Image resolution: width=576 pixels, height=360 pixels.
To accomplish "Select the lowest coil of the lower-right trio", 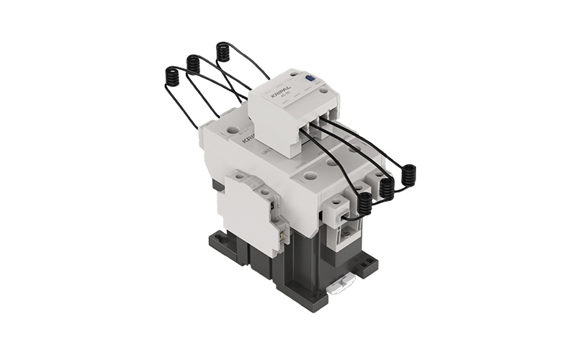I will point(365,204).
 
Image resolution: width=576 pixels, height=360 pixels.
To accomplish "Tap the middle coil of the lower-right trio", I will point(387,189).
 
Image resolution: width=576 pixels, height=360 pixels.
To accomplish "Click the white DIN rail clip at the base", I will point(343,287).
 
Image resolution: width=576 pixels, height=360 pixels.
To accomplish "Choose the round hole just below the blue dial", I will point(323,91).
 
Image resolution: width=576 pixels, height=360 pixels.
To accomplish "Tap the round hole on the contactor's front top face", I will point(310,175).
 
